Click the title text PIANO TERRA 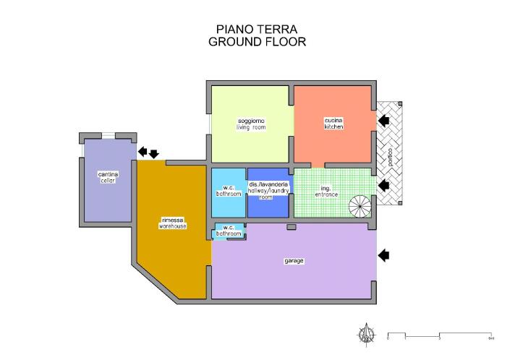coord(257,29)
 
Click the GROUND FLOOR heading coord(257,42)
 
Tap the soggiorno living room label coord(251,124)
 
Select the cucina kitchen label coord(333,123)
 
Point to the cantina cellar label coord(108,177)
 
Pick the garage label coord(294,260)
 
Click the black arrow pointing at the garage coord(384,254)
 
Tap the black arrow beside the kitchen coord(383,120)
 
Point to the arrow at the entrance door coord(384,186)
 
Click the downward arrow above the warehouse coord(153,153)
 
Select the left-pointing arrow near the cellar coord(143,151)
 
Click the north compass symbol coord(367,334)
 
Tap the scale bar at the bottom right coord(440,336)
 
